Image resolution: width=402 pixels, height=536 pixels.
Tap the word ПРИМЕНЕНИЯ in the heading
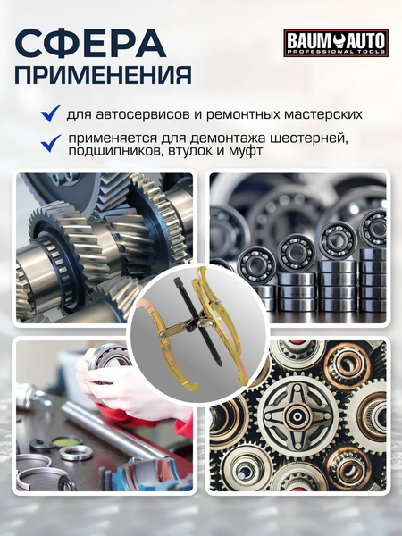[104, 75]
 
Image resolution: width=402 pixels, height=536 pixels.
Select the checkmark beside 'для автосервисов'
[51, 113]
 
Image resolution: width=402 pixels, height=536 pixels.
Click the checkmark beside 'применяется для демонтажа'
[51, 141]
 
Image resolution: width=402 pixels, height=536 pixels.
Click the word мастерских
[314, 114]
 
